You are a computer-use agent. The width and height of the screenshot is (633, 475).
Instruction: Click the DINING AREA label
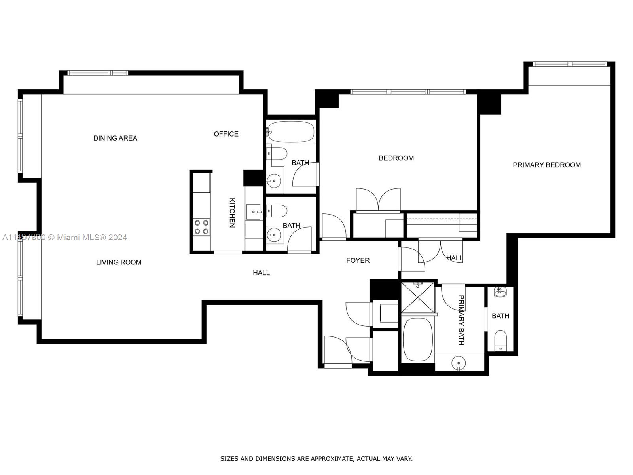click(115, 138)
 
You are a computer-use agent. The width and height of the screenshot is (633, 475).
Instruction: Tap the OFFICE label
click(226, 134)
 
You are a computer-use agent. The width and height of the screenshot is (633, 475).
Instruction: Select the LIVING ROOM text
click(119, 262)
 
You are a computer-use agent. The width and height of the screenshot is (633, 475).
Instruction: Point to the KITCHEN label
click(232, 213)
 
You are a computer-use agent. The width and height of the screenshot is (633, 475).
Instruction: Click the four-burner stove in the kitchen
click(202, 227)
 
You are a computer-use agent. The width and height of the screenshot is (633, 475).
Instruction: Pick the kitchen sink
click(254, 212)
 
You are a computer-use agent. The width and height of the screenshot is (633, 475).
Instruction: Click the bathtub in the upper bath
click(291, 132)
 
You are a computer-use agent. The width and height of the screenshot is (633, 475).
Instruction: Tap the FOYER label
click(358, 261)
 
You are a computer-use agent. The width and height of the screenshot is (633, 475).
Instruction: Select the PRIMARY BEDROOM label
click(547, 165)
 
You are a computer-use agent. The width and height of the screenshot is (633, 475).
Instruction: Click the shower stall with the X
click(418, 297)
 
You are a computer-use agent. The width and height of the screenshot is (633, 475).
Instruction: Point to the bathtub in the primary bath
click(418, 339)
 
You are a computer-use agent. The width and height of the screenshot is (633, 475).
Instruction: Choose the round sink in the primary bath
click(458, 363)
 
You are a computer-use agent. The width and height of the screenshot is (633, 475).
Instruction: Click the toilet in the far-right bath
click(500, 340)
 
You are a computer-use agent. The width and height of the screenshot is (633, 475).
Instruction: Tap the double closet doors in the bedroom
click(378, 199)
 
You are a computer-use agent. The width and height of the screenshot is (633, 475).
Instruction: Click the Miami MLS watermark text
click(64, 237)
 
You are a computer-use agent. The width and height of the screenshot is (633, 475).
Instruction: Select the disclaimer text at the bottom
click(316, 458)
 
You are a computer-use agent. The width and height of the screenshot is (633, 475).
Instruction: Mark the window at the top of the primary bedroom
click(570, 64)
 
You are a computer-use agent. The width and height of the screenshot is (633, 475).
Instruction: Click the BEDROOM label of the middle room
click(396, 158)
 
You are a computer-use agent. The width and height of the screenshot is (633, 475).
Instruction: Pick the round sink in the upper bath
click(274, 181)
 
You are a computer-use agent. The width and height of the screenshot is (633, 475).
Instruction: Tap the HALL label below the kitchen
click(261, 273)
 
